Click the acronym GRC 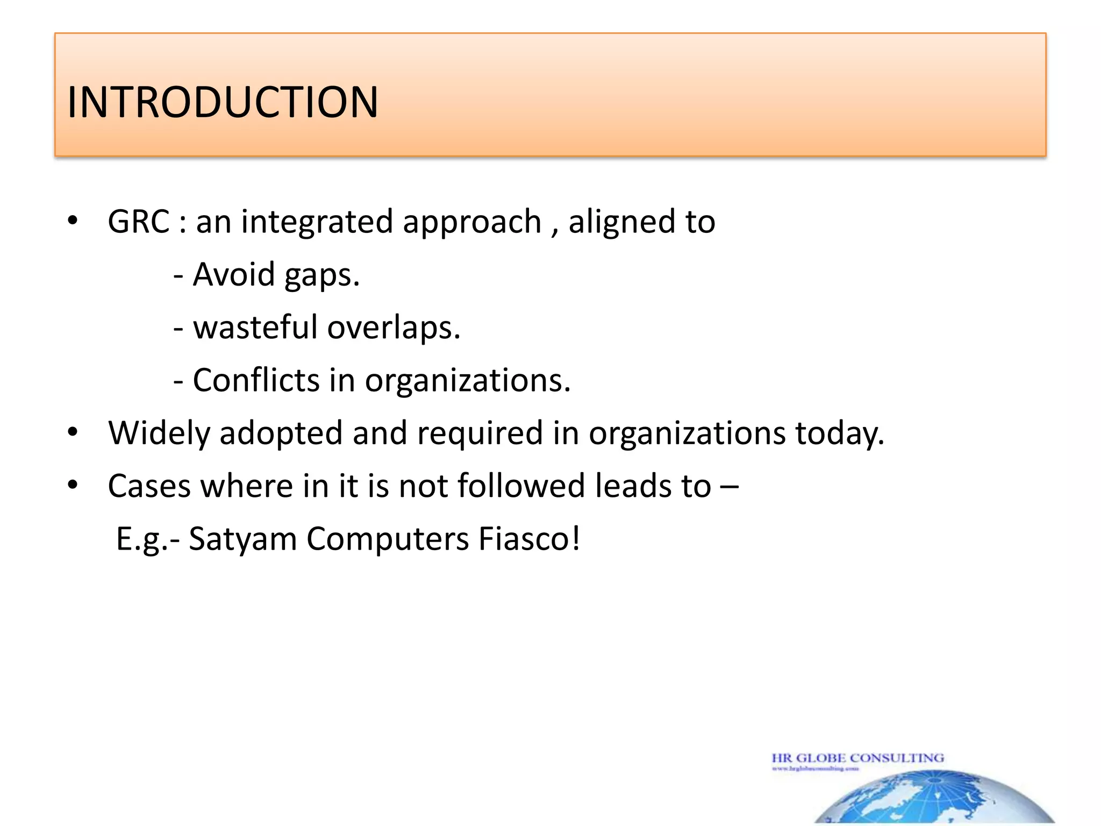[x=139, y=221]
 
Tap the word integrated [x=317, y=222]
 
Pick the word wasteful [x=255, y=327]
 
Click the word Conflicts [x=256, y=380]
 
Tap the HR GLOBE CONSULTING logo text [x=857, y=758]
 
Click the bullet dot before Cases [x=73, y=485]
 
